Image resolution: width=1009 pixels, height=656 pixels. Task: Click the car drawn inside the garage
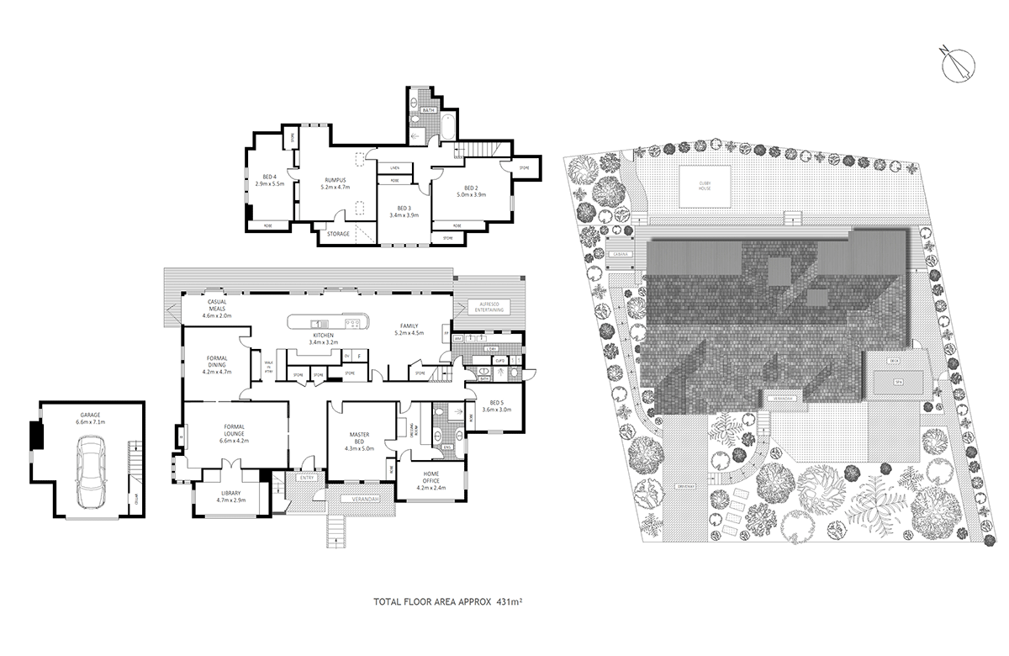[88, 476]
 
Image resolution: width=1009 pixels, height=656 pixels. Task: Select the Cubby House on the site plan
[704, 186]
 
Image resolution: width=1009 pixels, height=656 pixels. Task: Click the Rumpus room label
[334, 184]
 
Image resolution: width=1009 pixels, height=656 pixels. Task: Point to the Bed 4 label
[269, 179]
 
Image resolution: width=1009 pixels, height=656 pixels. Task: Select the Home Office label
[430, 484]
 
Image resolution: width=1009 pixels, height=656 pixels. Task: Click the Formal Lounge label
[235, 434]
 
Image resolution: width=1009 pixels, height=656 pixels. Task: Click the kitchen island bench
[328, 322]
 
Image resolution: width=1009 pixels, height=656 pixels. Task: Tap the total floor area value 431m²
[510, 602]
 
